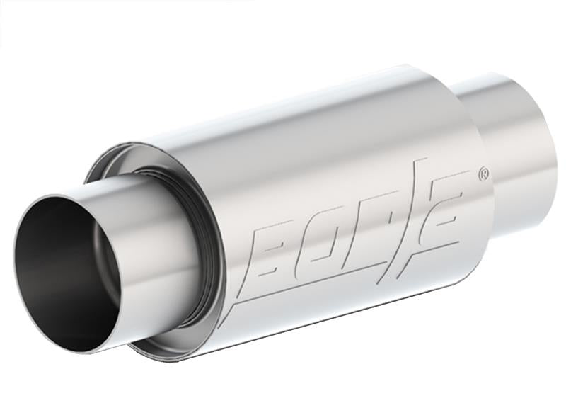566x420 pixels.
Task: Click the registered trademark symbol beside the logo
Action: click(483, 173)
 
